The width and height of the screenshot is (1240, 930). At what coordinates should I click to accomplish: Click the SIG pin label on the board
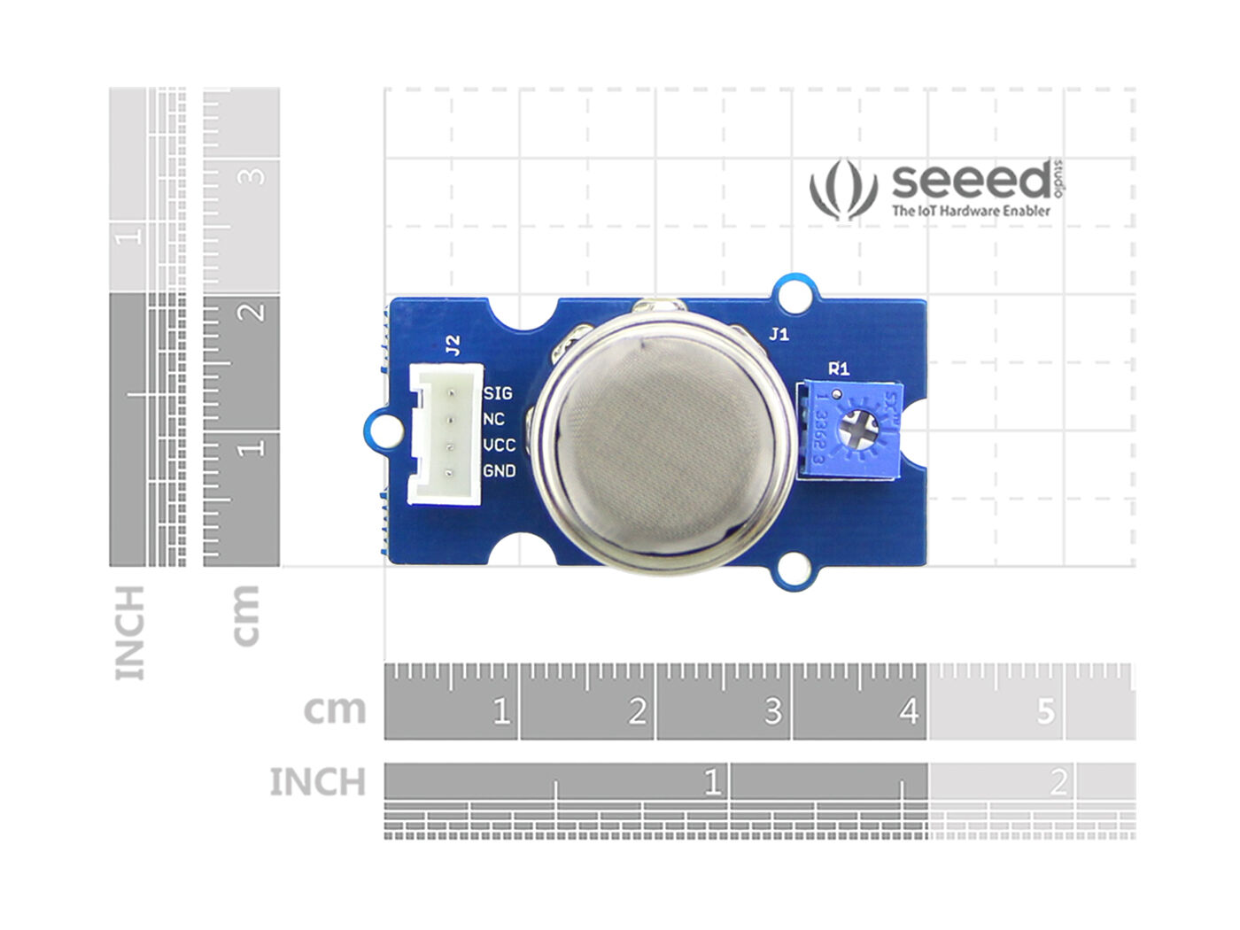(498, 392)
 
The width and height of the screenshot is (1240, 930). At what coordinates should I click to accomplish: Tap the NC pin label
(494, 418)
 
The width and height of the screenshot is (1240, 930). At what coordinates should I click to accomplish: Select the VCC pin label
(499, 445)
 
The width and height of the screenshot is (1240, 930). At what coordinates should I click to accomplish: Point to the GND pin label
(499, 471)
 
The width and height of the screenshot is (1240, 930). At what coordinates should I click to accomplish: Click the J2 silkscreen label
(453, 345)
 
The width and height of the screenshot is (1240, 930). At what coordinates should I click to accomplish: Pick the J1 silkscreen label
(779, 335)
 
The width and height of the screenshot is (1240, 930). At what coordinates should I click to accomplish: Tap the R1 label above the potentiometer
(838, 368)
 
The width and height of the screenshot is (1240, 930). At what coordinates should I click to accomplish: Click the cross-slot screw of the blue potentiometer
(857, 432)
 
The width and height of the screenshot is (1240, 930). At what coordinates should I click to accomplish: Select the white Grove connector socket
(445, 434)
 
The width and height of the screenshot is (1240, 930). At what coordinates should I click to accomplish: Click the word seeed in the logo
(971, 182)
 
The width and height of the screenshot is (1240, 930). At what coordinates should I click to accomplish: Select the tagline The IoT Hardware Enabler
(971, 211)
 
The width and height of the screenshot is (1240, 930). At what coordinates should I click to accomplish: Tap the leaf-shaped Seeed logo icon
(842, 189)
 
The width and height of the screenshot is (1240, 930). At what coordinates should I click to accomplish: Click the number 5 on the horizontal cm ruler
(1046, 711)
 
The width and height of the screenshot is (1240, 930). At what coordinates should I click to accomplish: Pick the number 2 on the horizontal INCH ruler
(1058, 782)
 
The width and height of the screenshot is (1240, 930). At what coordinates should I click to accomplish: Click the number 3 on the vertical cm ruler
(253, 175)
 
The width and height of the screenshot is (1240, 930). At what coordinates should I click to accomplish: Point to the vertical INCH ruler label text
(129, 632)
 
